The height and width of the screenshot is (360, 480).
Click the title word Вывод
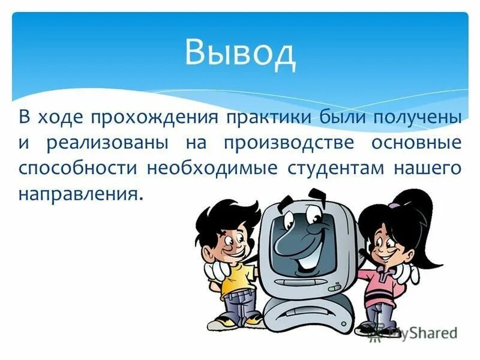pos(240,53)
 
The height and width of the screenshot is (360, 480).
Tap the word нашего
pos(427,169)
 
